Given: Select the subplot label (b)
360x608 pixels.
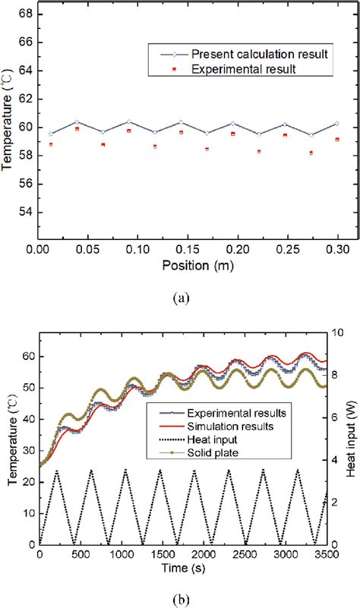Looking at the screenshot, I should (x=180, y=599).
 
